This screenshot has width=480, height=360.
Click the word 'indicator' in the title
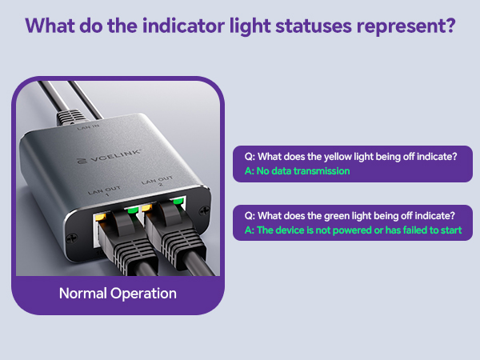[176, 26]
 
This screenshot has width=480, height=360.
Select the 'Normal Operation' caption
[118, 294]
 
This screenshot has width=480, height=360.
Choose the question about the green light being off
[348, 216]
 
